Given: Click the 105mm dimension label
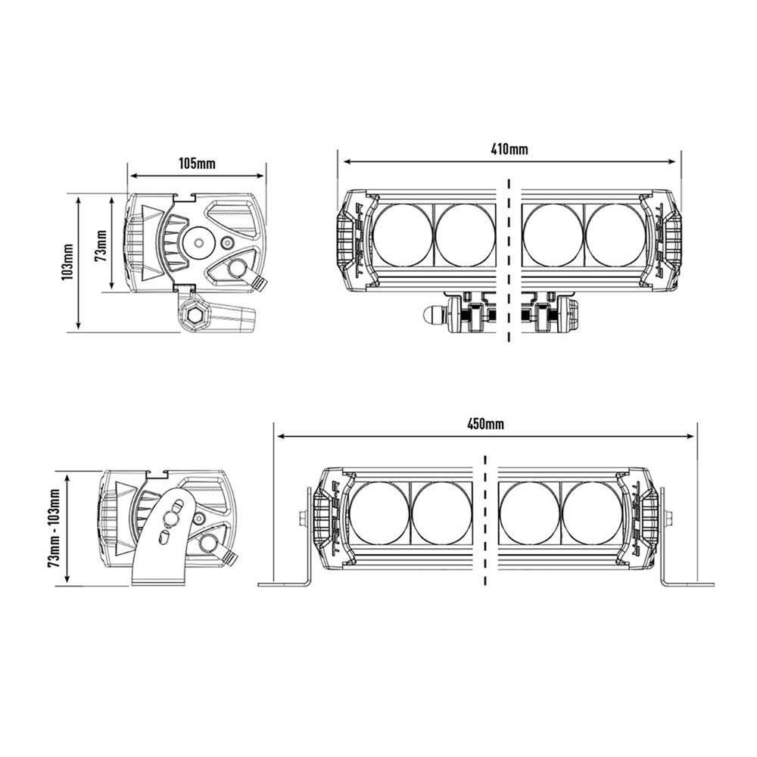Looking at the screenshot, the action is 197,164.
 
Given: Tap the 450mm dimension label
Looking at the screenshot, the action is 485,424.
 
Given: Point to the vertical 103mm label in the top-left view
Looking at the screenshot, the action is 67,262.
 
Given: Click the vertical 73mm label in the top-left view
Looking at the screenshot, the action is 101,245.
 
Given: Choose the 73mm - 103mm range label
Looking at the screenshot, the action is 54,528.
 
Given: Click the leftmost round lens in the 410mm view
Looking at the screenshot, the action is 403,235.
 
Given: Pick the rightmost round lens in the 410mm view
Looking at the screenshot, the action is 615,235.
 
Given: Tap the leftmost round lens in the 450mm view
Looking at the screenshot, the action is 379,512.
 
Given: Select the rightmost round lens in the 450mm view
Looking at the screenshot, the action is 592,512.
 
